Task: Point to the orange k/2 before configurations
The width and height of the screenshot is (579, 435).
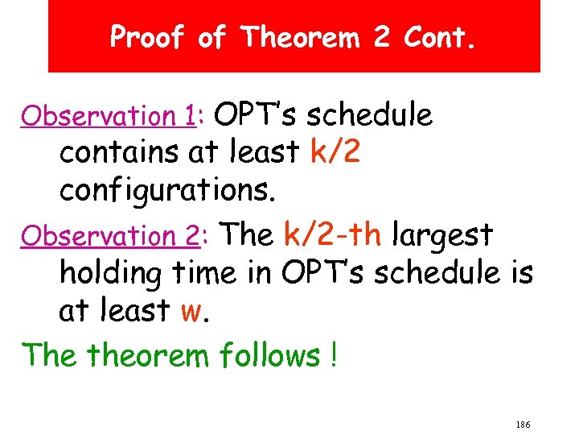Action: (x=335, y=152)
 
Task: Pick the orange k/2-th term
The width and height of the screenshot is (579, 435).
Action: (x=333, y=234)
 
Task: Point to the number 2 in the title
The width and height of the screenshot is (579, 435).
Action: (x=382, y=37)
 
